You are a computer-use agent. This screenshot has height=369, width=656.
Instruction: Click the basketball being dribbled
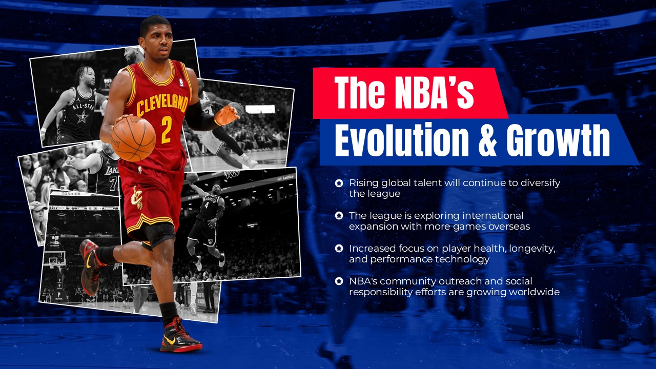[133, 138]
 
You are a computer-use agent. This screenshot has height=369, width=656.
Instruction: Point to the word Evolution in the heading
[402, 139]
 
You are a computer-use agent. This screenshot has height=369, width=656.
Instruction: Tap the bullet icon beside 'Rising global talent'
[339, 183]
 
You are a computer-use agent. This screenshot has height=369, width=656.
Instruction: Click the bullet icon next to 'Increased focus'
[339, 249]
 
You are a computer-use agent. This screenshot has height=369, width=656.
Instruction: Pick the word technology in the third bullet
[461, 259]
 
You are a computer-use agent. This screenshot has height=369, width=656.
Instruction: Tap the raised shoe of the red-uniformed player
[90, 266]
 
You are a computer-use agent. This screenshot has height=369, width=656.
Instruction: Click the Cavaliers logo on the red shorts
[136, 197]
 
